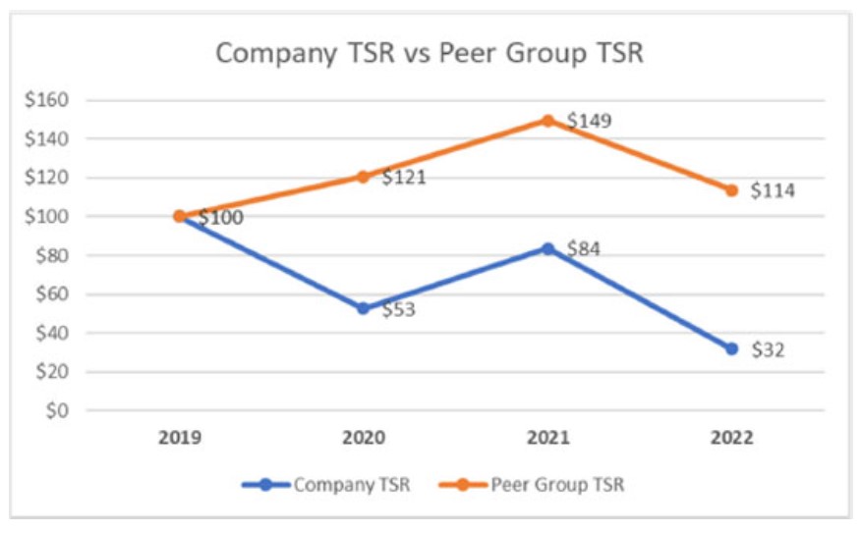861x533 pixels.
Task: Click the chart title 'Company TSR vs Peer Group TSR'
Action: pos(430,52)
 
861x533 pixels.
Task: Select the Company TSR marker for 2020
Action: pos(363,308)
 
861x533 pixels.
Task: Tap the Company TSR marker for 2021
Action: pos(547,248)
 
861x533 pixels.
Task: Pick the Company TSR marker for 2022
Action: pos(732,348)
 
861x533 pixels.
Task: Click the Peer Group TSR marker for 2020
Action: pos(363,177)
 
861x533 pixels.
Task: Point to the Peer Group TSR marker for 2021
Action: pos(547,121)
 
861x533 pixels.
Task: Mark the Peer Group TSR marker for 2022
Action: pos(732,189)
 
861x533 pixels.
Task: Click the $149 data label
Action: pos(590,122)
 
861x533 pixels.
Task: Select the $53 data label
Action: pos(400,310)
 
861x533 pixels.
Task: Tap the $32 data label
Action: pos(768,350)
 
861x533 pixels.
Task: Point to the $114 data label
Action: pos(773,190)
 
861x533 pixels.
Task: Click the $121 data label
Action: pos(403,178)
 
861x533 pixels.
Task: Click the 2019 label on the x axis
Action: pos(180,437)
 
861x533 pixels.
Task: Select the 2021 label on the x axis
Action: pos(547,437)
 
